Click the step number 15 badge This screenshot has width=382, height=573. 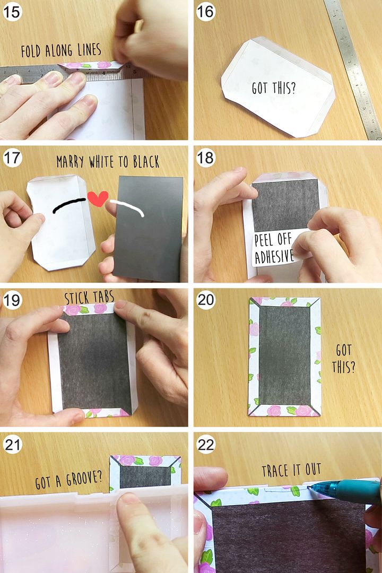(12, 11)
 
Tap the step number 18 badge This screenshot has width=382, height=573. (205, 158)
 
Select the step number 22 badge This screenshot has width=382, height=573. (205, 445)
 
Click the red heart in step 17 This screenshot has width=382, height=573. (98, 198)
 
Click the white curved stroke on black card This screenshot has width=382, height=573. (127, 207)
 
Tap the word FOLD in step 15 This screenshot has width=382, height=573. (31, 51)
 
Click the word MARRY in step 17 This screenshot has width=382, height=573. (70, 161)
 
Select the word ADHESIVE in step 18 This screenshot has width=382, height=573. (274, 256)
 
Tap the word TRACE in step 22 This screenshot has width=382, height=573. (276, 471)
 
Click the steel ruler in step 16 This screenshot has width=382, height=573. (353, 70)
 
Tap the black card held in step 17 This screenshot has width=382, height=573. (148, 228)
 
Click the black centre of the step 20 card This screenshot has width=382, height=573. (284, 355)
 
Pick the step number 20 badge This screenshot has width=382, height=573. (205, 300)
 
